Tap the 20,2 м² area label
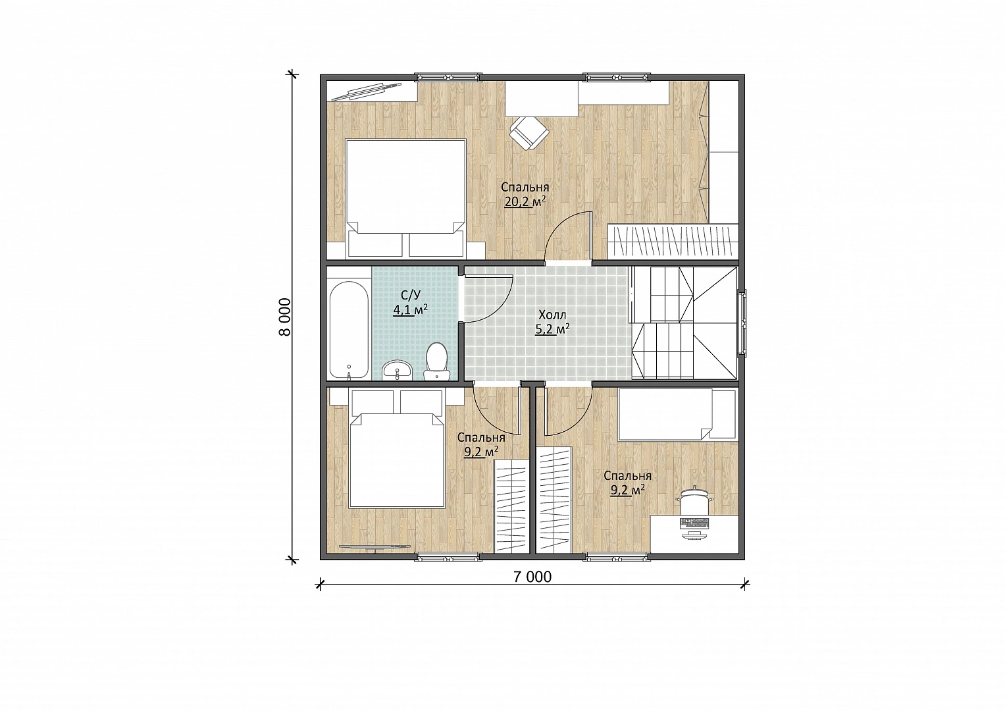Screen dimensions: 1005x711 [525, 202]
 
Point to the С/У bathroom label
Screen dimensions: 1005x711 [411, 295]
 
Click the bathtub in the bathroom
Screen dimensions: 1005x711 [349, 329]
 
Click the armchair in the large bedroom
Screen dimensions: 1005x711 [529, 132]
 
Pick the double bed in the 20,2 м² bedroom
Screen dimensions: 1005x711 [405, 198]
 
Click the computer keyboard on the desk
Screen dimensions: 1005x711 [694, 523]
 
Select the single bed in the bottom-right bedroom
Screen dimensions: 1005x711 [677, 414]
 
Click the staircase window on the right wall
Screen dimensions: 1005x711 [744, 323]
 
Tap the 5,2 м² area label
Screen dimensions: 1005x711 [552, 329]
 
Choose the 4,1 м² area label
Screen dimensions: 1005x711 [410, 309]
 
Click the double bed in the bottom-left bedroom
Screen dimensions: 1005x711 [398, 449]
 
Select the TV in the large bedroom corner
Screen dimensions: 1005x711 [371, 92]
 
